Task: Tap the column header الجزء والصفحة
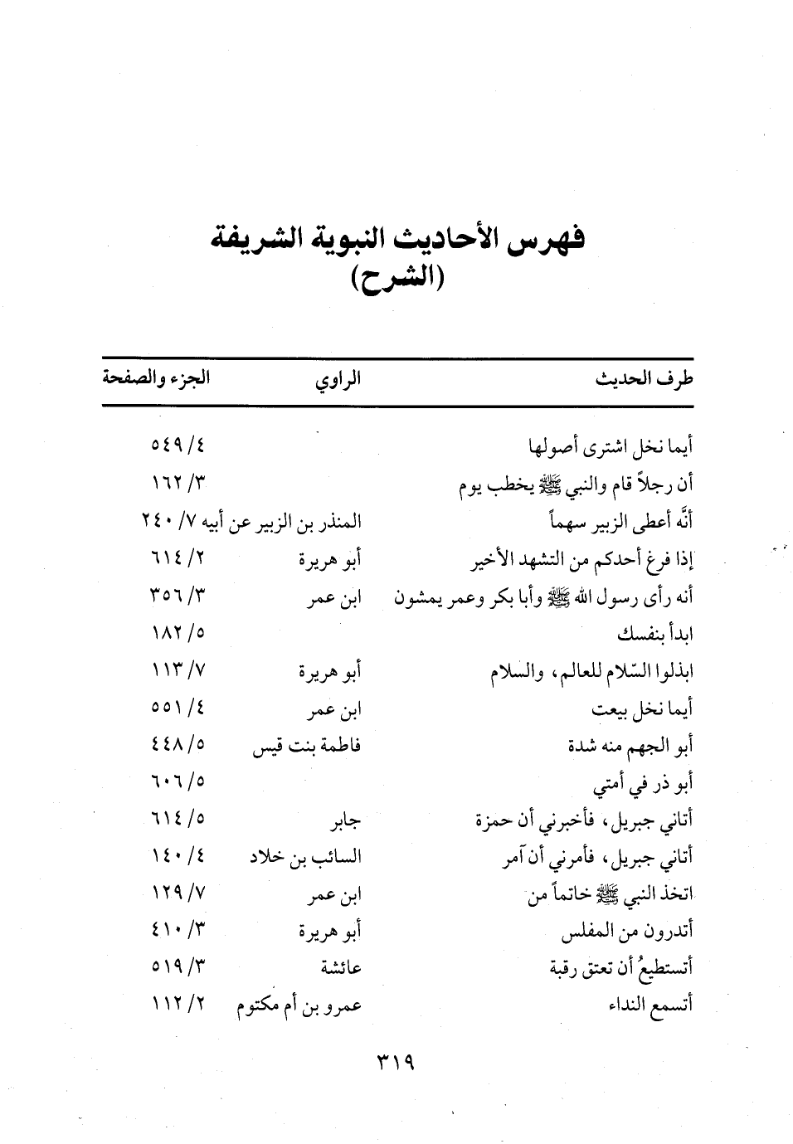(156, 379)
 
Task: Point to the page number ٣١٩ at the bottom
(396, 1062)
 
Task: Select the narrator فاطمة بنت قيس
(307, 747)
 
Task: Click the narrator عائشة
(341, 968)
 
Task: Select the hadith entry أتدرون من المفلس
(627, 933)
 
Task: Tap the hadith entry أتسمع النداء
(650, 1006)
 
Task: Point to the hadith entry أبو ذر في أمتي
(644, 784)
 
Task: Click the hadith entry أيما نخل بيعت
(643, 709)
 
